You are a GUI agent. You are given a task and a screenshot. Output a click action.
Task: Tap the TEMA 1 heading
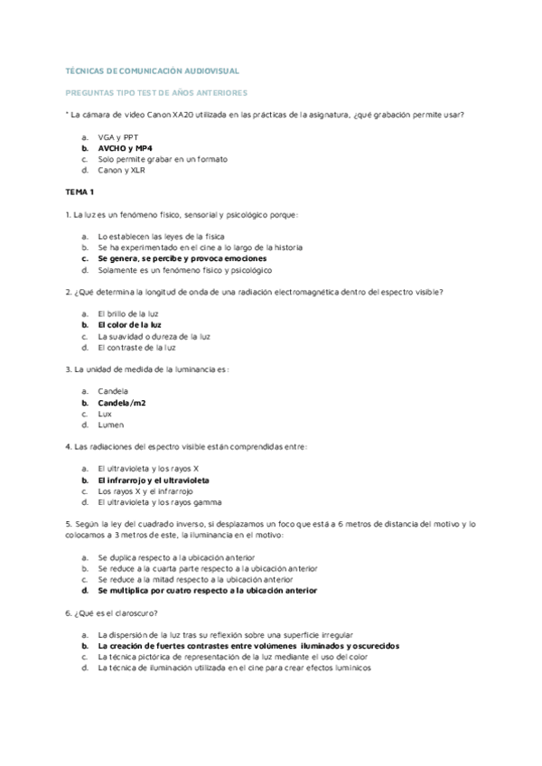(x=79, y=192)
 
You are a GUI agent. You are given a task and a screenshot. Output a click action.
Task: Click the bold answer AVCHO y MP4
(x=126, y=147)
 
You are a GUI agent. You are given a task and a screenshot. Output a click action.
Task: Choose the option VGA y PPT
(x=116, y=135)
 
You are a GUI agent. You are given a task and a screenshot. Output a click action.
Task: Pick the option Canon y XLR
(x=121, y=170)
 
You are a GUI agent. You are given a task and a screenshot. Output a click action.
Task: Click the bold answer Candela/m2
(x=121, y=402)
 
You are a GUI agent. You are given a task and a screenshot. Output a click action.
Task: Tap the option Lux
(x=105, y=413)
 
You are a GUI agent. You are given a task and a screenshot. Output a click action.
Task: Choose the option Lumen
(x=111, y=425)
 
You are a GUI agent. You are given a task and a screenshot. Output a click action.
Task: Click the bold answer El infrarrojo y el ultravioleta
(x=159, y=480)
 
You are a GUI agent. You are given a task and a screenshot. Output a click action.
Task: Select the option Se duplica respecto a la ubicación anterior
(x=176, y=557)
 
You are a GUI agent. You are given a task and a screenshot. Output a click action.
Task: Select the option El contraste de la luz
(x=136, y=347)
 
